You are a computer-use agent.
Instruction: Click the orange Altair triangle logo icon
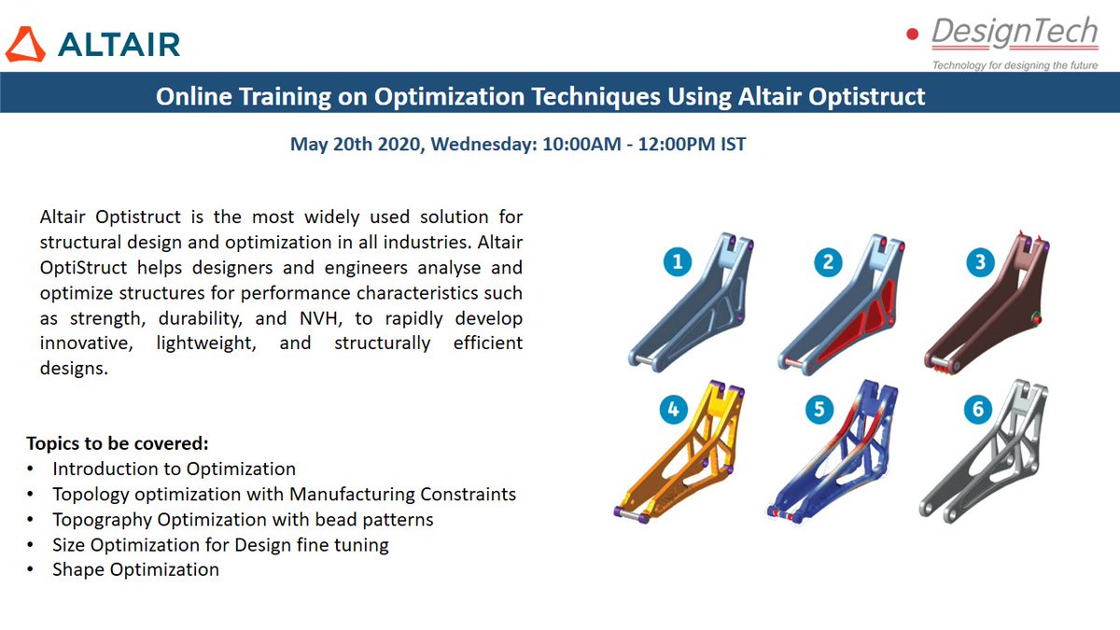(25, 45)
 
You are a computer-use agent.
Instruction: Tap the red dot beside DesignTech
(912, 35)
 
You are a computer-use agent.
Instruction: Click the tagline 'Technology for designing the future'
(1015, 64)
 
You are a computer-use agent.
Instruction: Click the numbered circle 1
(677, 262)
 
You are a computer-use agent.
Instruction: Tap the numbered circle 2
(828, 262)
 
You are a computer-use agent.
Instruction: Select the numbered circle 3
(979, 262)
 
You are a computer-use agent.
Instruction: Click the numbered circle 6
(976, 408)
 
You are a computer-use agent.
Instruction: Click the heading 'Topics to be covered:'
(118, 443)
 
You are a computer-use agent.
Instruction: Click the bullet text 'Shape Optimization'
(136, 569)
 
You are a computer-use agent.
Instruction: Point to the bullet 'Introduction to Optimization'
(174, 469)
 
